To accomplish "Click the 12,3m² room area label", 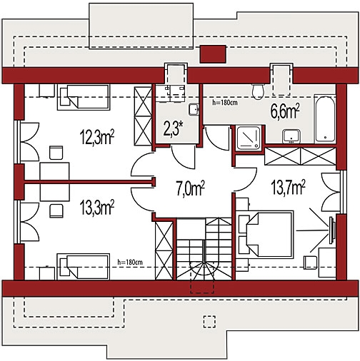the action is click(x=97, y=137).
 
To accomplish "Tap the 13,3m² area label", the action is click(x=97, y=208).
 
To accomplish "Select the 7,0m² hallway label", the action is click(x=191, y=188).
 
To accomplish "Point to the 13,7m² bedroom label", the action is click(x=288, y=187).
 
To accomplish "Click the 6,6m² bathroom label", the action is click(x=285, y=111).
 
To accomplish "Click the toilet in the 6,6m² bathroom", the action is click(x=258, y=91).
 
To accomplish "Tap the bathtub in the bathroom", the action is click(x=325, y=119).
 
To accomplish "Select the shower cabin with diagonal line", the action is click(x=249, y=138).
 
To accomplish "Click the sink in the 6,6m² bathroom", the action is click(x=291, y=136).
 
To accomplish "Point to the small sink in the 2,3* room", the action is click(x=194, y=109).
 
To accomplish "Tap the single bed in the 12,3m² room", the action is click(x=84, y=97).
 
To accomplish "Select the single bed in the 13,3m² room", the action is click(x=84, y=267).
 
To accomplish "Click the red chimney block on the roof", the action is click(x=213, y=54).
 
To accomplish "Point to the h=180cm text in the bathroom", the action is click(x=225, y=103).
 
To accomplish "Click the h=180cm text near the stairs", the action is click(x=130, y=262).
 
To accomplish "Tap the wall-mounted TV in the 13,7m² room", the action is click(x=332, y=230).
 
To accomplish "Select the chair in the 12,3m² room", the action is click(x=56, y=153).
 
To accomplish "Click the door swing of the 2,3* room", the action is click(x=183, y=157).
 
